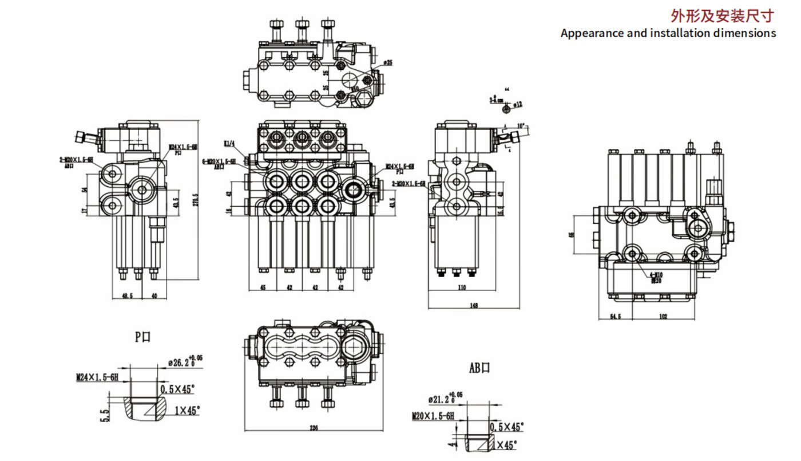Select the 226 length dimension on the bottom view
tap(313, 427)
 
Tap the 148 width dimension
tap(474, 306)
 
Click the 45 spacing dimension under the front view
tap(263, 287)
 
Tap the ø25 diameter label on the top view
tap(387, 62)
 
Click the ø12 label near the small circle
tap(517, 104)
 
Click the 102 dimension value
tap(663, 316)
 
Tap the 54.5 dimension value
tap(615, 316)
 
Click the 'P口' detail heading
tap(142, 337)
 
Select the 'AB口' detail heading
tap(479, 368)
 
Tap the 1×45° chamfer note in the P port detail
tap(187, 410)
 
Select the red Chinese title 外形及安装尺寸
tap(722, 15)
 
